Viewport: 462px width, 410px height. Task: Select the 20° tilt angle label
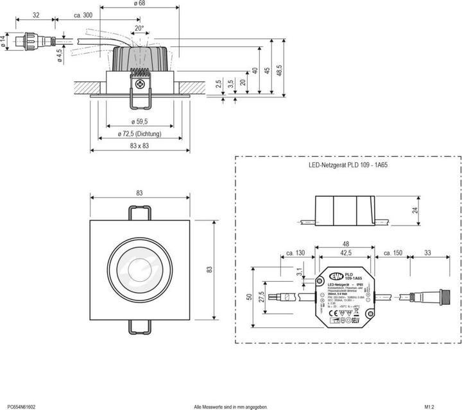[139, 28]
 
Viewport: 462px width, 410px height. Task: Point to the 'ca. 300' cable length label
[83, 15]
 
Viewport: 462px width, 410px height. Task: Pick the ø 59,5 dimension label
[139, 120]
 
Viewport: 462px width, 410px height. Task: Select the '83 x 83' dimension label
[139, 147]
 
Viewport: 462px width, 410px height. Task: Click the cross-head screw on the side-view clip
[139, 81]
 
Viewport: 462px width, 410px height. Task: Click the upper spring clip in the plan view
[140, 213]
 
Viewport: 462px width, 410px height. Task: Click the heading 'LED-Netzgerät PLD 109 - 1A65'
[348, 165]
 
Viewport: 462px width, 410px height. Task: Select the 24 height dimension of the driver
[415, 210]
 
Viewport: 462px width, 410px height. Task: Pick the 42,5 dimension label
[345, 253]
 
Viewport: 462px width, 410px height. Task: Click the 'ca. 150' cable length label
[393, 254]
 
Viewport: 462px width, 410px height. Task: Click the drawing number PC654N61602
[21, 406]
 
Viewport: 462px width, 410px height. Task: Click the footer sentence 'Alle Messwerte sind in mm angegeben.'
[230, 406]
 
